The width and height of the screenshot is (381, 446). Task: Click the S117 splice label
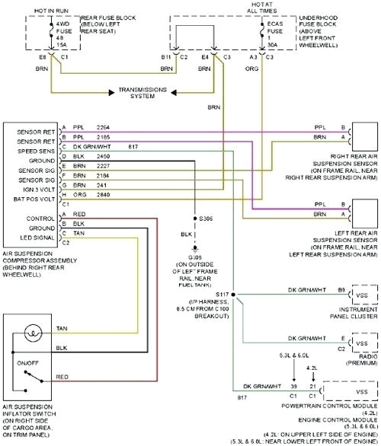pyautogui.click(x=223, y=294)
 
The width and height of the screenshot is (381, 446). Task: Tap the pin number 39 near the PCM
pyautogui.click(x=293, y=387)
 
